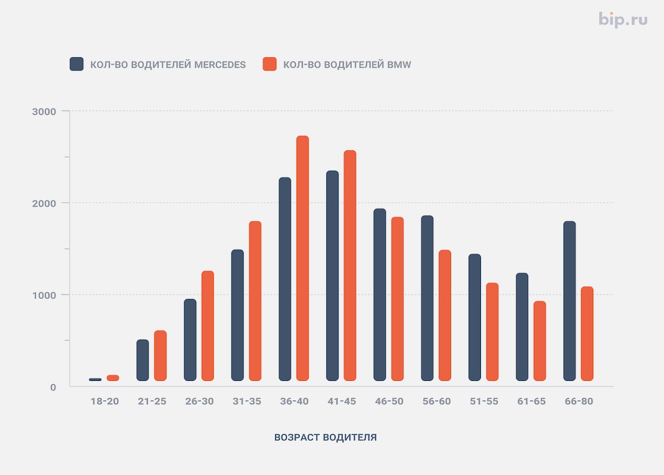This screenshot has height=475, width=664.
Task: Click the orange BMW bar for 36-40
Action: [302, 258]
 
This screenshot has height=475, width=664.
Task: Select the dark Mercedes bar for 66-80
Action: [569, 301]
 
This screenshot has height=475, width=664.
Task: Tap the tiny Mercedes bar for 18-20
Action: [95, 380]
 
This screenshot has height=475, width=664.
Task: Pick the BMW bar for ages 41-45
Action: [350, 266]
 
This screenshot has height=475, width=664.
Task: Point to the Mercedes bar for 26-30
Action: [190, 340]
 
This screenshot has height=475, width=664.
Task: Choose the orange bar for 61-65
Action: [540, 341]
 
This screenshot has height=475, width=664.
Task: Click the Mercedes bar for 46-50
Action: [380, 295]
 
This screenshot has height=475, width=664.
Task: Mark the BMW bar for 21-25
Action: [160, 355]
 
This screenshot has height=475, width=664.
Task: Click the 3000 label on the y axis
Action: [44, 111]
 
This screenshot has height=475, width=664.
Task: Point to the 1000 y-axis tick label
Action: [44, 295]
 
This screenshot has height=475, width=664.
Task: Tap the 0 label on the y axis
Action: [53, 387]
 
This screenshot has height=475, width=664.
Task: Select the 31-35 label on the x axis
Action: [247, 402]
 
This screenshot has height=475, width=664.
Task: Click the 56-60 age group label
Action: [437, 402]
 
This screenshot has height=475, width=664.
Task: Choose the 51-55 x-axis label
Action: [484, 402]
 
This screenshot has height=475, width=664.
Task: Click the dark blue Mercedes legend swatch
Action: [77, 64]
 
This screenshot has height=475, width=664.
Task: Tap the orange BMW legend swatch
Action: [269, 64]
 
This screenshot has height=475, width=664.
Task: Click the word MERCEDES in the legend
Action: [220, 65]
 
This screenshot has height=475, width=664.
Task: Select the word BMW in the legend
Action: [399, 65]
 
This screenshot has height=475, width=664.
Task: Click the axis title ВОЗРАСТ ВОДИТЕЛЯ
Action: [325, 437]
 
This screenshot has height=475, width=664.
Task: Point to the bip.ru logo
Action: [623, 19]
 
